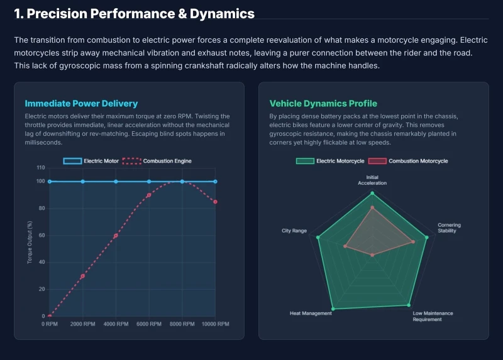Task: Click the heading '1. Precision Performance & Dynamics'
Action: coord(135,13)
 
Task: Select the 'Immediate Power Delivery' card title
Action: coord(81,104)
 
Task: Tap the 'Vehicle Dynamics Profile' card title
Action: coord(323,104)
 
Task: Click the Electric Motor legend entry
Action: coord(91,161)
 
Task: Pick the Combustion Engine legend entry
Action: coord(157,161)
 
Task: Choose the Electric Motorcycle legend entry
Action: coord(331,161)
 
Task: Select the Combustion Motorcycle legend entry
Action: coord(408,161)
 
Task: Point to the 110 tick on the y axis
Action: coord(41,168)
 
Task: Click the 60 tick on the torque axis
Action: coord(41,236)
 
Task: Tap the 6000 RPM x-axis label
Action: coord(149,324)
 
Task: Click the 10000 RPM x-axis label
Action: coord(214,324)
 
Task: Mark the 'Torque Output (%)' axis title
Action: coord(30,242)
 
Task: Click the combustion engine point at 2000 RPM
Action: coord(82,276)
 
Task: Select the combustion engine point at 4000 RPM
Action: coord(116,236)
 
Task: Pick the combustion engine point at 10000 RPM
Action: coord(216,202)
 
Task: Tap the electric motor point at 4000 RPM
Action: coord(116,182)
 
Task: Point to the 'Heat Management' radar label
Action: coord(311,314)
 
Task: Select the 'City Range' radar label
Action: coord(294,231)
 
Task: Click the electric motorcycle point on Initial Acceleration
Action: coord(372,193)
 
